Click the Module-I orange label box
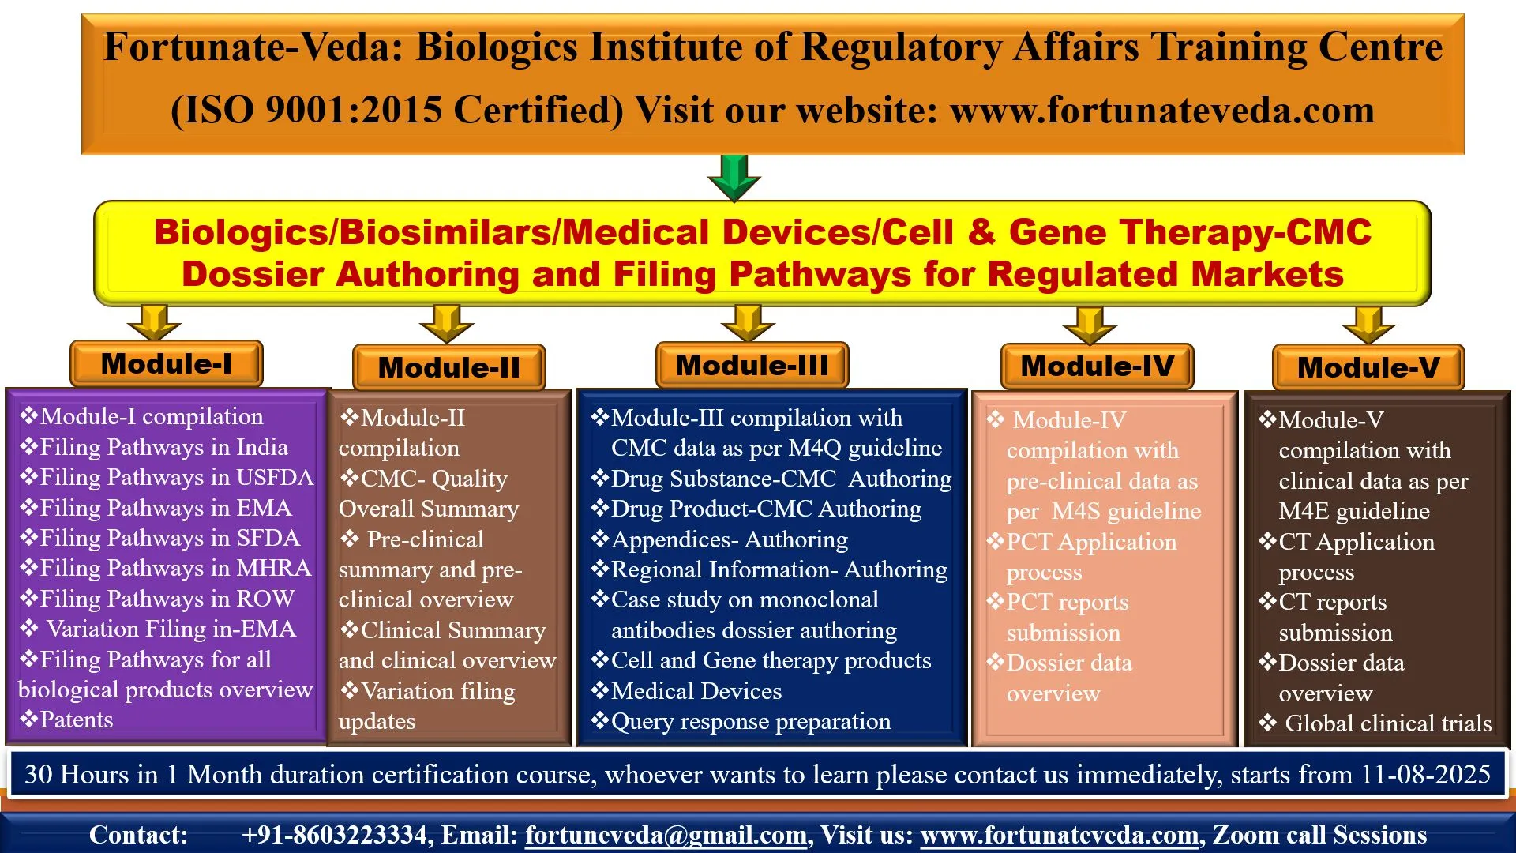click(x=167, y=364)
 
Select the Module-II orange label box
click(x=449, y=367)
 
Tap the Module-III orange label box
click(x=752, y=365)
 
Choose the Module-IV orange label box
click(x=1098, y=366)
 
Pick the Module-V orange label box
click(x=1368, y=367)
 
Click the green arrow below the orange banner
click(x=734, y=178)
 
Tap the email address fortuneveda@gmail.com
click(x=666, y=835)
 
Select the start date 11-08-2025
click(x=1426, y=774)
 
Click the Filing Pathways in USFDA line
click(x=167, y=477)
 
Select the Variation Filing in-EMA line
click(x=158, y=629)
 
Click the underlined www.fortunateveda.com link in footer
click(x=1060, y=835)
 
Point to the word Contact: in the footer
click(x=138, y=835)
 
